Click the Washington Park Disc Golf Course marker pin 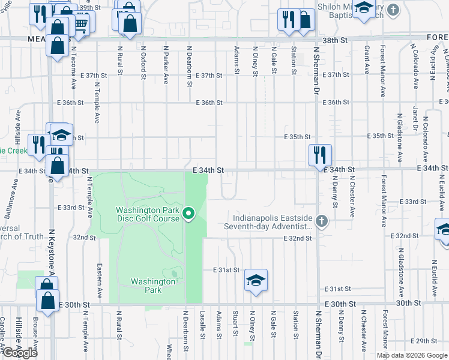pyautogui.click(x=188, y=214)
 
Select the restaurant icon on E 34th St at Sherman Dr pyautogui.click(x=320, y=155)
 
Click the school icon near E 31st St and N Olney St pyautogui.click(x=256, y=280)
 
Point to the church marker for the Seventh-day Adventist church pyautogui.click(x=322, y=221)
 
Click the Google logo pyautogui.click(x=20, y=353)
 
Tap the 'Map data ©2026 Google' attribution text pyautogui.click(x=411, y=355)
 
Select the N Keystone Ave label pyautogui.click(x=52, y=252)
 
